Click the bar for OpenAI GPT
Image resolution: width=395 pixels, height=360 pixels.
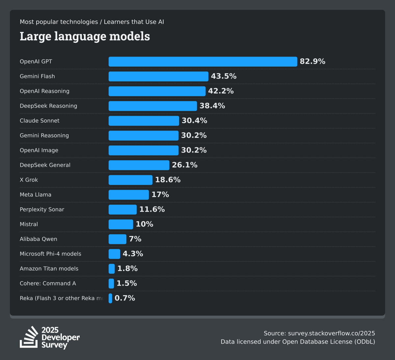point(203,61)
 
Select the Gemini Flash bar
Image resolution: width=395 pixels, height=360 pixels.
point(158,76)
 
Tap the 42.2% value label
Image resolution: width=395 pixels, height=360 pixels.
point(221,91)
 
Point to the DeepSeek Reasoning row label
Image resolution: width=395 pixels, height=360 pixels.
point(48,106)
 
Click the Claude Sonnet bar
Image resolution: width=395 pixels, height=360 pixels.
point(144,121)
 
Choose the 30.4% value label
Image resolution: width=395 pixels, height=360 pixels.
point(194,121)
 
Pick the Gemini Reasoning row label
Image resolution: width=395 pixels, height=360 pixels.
point(44,135)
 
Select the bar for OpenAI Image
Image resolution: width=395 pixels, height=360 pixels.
point(144,150)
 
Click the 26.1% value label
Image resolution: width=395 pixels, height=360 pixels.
point(184,165)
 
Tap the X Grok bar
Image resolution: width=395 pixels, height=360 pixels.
point(130,180)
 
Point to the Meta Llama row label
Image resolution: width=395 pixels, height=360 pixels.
point(36,195)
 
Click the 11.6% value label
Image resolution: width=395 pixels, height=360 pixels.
point(152,209)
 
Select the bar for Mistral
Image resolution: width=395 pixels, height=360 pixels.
point(121,224)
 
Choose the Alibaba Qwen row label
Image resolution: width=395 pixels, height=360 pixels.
point(39,239)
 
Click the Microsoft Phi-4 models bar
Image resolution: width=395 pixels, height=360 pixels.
point(114,254)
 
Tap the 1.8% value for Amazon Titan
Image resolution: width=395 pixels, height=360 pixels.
point(127,269)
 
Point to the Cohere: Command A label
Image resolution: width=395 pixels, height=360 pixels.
point(48,283)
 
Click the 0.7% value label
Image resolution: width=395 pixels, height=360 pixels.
point(125,298)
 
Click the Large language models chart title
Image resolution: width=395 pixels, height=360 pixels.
point(85,36)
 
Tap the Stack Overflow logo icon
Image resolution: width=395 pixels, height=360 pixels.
point(29,337)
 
